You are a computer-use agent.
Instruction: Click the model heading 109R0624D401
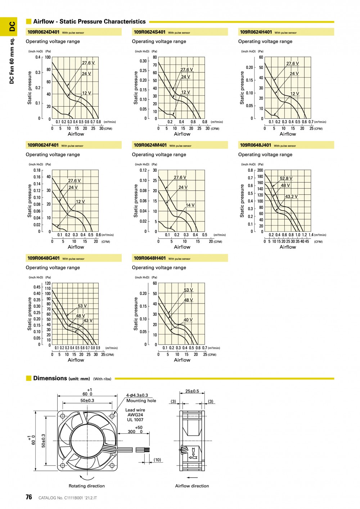click(44, 32)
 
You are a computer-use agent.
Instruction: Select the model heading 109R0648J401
click(256, 145)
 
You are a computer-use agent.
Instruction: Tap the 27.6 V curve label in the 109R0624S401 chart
click(186, 69)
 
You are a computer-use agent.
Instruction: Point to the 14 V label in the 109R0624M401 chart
click(190, 205)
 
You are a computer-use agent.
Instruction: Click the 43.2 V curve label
click(291, 197)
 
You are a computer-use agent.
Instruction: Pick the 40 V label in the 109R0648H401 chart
click(188, 320)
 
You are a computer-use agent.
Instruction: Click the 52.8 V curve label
click(286, 179)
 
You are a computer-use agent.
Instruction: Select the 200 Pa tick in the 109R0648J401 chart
click(260, 170)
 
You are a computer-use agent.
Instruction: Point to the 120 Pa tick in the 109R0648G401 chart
click(48, 283)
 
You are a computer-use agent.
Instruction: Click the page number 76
click(29, 497)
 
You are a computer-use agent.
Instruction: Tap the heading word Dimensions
click(50, 378)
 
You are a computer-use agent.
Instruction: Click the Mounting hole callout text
click(141, 401)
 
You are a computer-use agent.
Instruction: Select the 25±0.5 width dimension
click(192, 391)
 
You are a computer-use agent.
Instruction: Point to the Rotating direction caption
click(87, 486)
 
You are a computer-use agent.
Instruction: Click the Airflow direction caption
click(192, 486)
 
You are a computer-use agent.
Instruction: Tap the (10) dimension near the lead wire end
click(157, 460)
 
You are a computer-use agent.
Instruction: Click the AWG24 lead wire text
click(135, 415)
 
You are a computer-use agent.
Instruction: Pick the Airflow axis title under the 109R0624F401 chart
click(76, 247)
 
